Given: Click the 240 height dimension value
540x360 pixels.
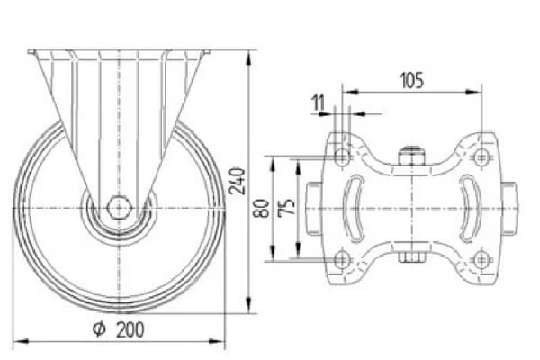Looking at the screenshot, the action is pos(237,182).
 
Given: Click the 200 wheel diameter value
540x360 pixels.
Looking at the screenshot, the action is pos(130,329).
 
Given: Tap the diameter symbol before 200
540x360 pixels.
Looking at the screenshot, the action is pos(99,329).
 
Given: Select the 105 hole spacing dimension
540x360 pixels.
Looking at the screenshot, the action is pos(411,81).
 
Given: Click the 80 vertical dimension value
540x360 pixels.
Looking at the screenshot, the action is pos(264,209).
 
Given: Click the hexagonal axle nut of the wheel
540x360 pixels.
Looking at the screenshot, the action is pos(119,207).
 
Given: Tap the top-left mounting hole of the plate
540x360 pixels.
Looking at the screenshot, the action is pos(342,157).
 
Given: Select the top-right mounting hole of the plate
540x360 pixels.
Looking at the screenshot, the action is pos(481,157).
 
